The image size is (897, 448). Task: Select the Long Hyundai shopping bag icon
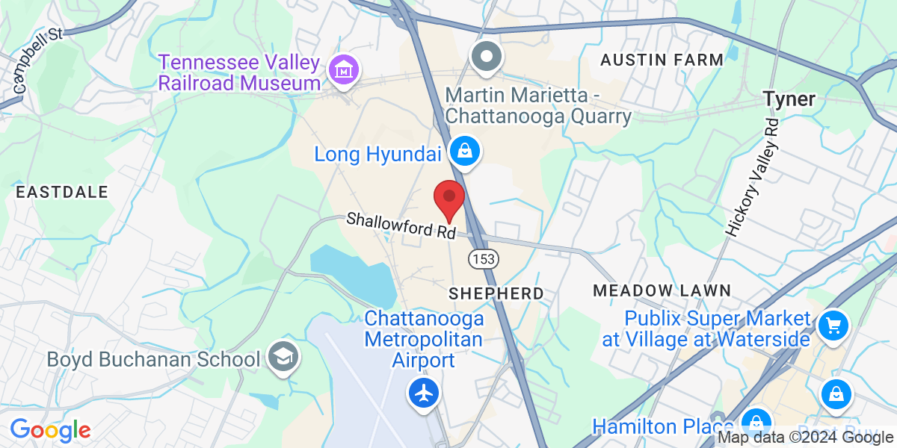(465, 152)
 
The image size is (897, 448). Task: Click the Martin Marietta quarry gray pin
(487, 57)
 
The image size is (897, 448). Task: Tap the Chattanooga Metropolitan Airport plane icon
(424, 391)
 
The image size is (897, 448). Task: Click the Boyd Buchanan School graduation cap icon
(283, 358)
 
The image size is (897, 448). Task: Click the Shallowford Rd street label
(401, 225)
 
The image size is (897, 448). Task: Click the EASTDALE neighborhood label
(62, 192)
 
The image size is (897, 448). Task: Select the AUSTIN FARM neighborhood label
(662, 60)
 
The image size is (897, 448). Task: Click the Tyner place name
(789, 99)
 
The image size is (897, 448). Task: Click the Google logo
(50, 430)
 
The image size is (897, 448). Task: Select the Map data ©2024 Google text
(805, 438)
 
